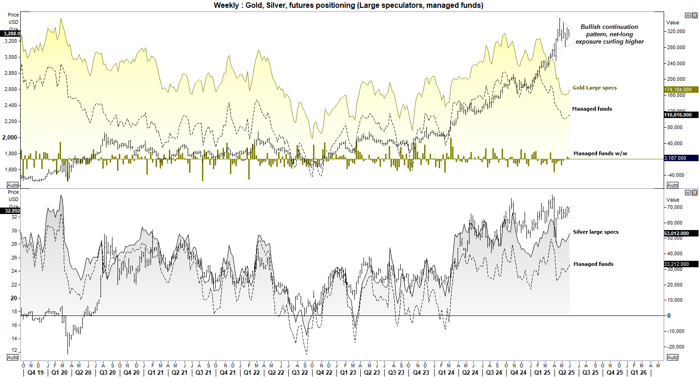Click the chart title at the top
pos(348,6)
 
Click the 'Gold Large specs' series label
pos(594,88)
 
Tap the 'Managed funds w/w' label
pos(600,153)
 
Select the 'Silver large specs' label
pos(595,232)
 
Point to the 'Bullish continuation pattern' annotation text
pos(609,34)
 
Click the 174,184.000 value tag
pos(681,90)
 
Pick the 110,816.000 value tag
pos(681,115)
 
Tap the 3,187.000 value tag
pos(681,158)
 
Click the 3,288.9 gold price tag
pos(11,34)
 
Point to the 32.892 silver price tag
pos(11,211)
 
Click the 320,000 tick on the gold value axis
pos(676,31)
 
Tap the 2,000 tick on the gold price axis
pos(10,137)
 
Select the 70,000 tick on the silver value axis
pos(674,207)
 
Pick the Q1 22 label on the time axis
pos(252,372)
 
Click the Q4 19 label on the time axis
pos(35,372)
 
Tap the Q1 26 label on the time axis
pos(638,372)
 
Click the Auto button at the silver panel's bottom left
pos(13,357)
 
